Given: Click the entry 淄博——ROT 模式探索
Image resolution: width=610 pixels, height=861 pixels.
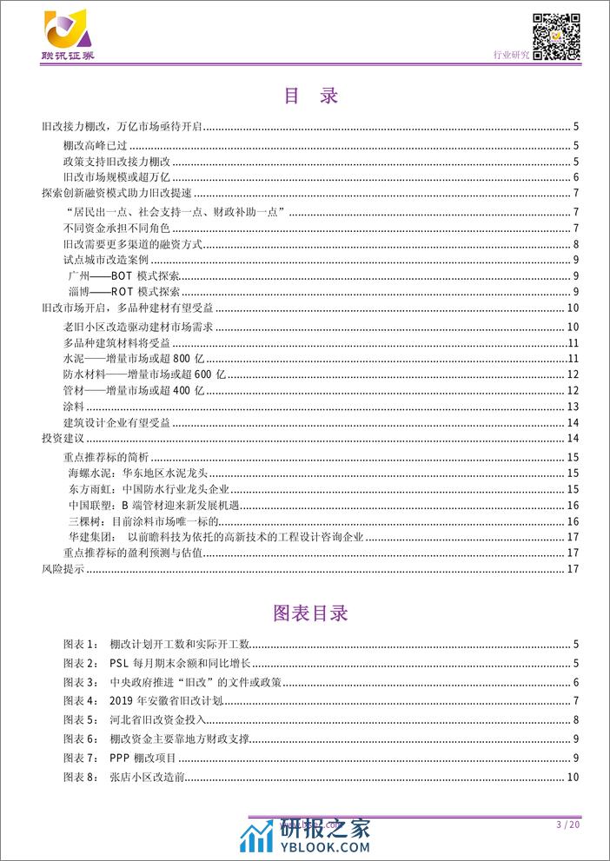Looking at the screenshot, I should pos(121,292).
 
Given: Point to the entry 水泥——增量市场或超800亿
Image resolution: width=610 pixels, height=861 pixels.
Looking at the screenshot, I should pos(132,358).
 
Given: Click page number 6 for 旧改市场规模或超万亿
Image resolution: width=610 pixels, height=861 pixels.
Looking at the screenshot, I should pos(576,178).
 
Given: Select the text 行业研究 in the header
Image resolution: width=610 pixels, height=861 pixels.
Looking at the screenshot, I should pos(512,55).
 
